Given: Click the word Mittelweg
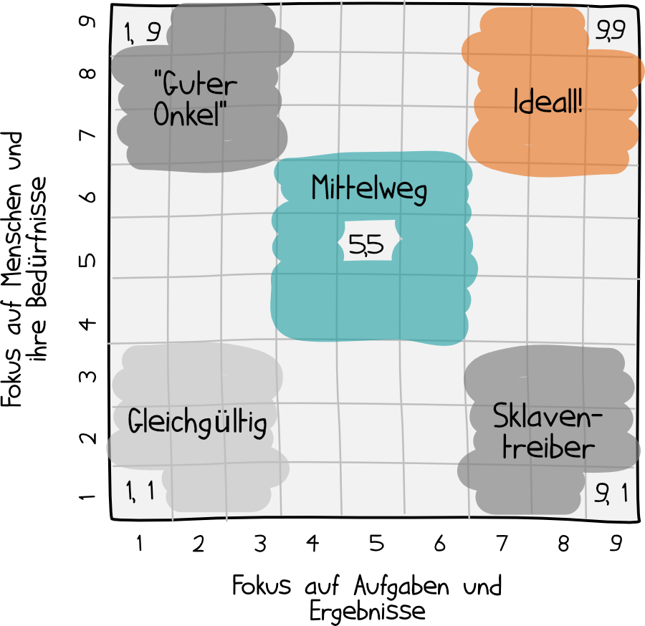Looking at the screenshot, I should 369,189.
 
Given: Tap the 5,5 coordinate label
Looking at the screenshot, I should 365,246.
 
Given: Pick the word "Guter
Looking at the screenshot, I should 195,85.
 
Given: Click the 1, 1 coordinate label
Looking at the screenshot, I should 140,491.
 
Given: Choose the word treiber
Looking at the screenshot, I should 548,448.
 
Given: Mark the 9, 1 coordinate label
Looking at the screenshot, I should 611,493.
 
